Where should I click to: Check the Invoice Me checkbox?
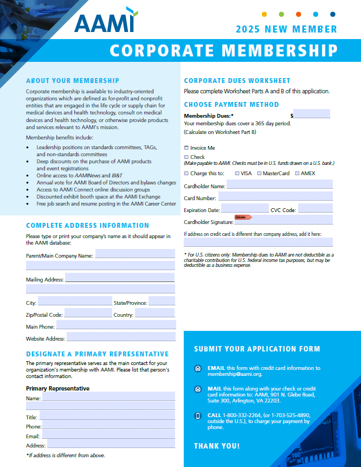(x=186, y=148)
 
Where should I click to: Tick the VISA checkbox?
(x=237, y=174)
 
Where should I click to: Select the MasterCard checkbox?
(x=259, y=174)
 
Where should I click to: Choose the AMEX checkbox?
(x=296, y=174)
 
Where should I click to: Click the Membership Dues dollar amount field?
(x=312, y=114)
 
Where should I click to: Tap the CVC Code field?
(x=315, y=209)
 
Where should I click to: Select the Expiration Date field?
(x=244, y=209)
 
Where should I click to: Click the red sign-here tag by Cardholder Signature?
(x=243, y=217)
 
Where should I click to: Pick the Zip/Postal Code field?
(x=88, y=314)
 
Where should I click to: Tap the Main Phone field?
(x=116, y=325)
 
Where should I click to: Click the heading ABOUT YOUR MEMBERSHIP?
(x=73, y=81)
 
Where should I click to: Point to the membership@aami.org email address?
(x=235, y=374)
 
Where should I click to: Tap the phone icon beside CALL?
(x=198, y=416)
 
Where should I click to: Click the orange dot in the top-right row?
(x=299, y=14)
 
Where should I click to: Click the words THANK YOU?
(x=217, y=446)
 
